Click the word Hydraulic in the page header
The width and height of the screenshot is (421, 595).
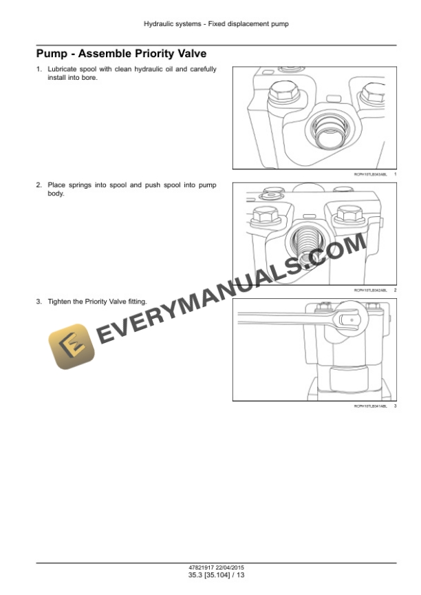(x=158, y=24)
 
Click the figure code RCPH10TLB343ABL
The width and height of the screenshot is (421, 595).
(x=370, y=175)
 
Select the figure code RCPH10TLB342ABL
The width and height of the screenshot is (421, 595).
(x=370, y=291)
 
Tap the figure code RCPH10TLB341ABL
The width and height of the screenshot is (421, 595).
(x=370, y=406)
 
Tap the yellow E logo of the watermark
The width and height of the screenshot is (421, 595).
(x=71, y=346)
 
